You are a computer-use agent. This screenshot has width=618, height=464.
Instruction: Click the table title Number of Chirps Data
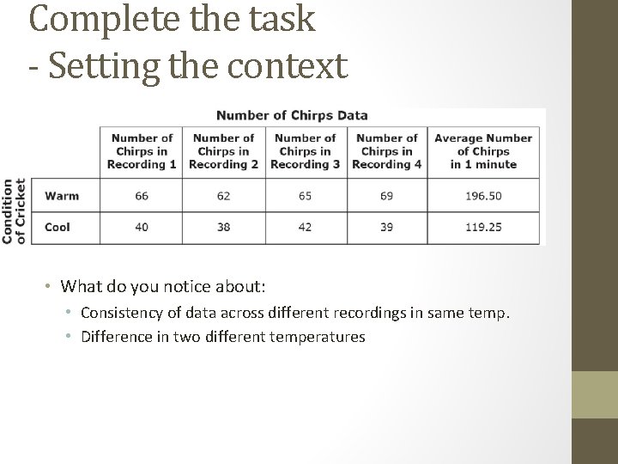click(x=292, y=115)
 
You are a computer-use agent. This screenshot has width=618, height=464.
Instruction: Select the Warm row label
click(x=62, y=196)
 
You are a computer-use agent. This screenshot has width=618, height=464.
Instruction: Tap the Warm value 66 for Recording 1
click(x=142, y=196)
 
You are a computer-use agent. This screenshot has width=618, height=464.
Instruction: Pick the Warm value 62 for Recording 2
click(x=223, y=196)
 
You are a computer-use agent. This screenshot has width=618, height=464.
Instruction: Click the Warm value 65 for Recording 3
click(x=305, y=196)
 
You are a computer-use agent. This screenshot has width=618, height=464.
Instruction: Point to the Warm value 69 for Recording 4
click(x=386, y=196)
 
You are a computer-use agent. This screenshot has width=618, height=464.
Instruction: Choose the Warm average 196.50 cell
click(x=483, y=196)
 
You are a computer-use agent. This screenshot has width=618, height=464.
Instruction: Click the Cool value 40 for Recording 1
click(x=142, y=228)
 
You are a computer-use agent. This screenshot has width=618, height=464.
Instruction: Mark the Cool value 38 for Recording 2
click(x=223, y=228)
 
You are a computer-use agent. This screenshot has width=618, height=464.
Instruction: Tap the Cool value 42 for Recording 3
click(x=305, y=228)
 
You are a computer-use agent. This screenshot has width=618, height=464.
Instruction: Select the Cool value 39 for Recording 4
click(x=386, y=228)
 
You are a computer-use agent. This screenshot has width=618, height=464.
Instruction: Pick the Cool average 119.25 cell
click(x=483, y=228)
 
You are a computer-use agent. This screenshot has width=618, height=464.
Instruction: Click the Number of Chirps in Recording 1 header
click(x=142, y=150)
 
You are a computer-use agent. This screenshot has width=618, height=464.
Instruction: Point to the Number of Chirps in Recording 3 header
click(x=305, y=150)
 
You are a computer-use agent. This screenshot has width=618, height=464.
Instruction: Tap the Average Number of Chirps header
click(x=483, y=150)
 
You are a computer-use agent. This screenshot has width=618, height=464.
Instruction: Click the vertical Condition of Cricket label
click(x=15, y=211)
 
